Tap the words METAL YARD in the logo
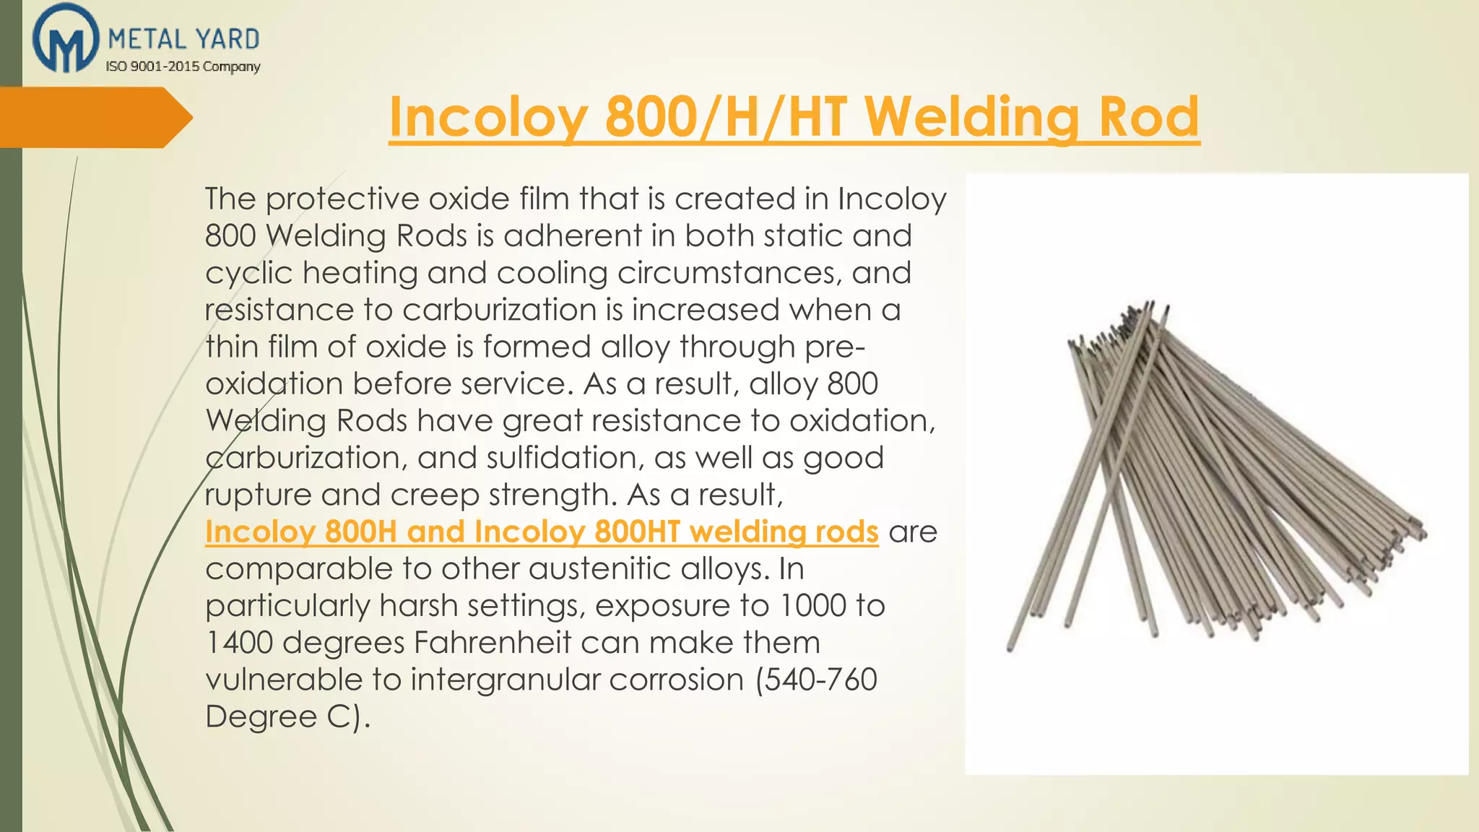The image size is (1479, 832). tap(183, 39)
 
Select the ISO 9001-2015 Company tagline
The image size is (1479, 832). tap(183, 66)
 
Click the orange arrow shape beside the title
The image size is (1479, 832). tap(96, 117)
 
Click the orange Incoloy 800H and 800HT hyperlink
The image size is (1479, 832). tap(542, 532)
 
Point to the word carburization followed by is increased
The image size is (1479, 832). tap(499, 310)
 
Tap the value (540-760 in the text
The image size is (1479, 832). tap(816, 680)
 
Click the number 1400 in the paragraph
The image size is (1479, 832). tap(238, 643)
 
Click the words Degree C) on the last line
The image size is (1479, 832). tap(287, 716)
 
